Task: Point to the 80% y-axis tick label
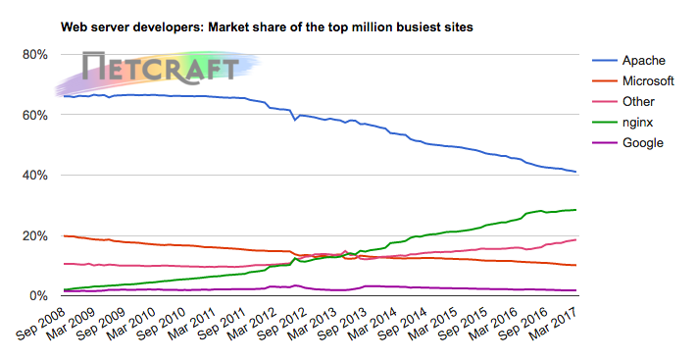coord(35,54)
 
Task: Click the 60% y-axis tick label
coord(35,115)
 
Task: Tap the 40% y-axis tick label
coord(35,176)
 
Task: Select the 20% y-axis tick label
coord(35,236)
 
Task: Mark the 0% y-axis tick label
coord(39,296)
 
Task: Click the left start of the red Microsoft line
coord(64,235)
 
